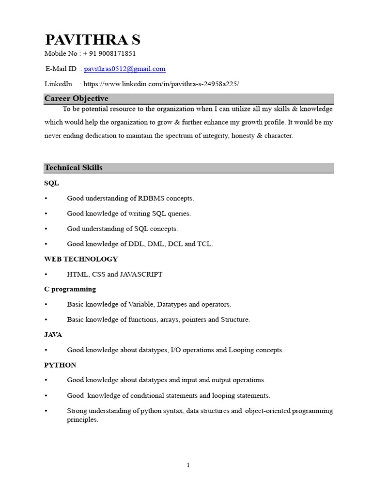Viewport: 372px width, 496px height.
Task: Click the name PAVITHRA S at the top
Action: (x=93, y=40)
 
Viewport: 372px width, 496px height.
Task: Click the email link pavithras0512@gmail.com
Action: (x=124, y=69)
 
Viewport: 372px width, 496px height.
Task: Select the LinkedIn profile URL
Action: (x=161, y=84)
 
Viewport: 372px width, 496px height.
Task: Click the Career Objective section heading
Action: (x=76, y=98)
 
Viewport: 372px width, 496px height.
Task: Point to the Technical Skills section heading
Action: (x=73, y=168)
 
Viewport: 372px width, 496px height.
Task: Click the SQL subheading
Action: (x=51, y=183)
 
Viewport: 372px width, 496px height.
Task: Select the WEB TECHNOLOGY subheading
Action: (x=81, y=259)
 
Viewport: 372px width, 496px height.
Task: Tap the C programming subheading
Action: (x=70, y=289)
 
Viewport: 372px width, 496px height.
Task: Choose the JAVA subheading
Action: (x=53, y=335)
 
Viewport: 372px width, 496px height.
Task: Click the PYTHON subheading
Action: (x=60, y=365)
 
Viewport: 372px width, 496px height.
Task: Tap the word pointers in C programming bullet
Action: (x=194, y=320)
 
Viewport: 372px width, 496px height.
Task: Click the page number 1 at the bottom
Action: (x=188, y=465)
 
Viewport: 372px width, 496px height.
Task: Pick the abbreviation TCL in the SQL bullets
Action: (x=204, y=244)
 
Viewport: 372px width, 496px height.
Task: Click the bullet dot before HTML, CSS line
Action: (x=46, y=275)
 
